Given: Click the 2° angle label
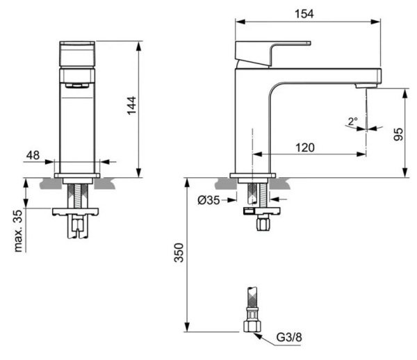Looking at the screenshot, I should point(352,121).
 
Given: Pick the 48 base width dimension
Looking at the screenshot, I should point(33,155).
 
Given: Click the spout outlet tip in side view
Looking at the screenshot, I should point(367,85).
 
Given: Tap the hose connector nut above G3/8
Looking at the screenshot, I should point(251,325).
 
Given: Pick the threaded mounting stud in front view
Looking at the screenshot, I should point(77,195).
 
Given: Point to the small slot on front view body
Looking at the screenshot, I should point(77,85).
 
